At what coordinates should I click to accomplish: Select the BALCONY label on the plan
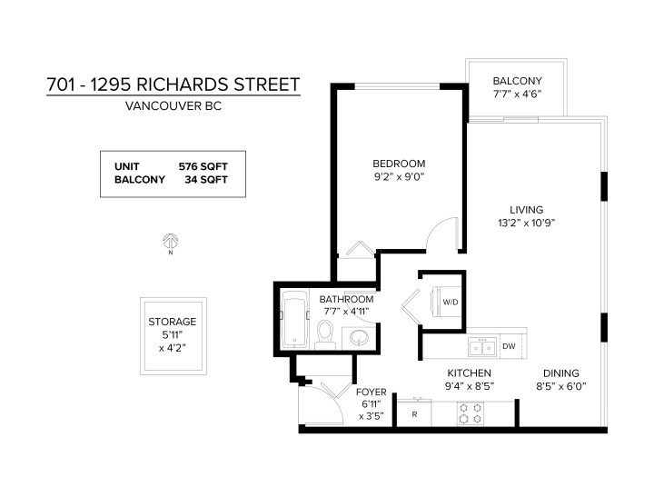click(x=517, y=80)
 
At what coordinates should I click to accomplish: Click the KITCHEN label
click(x=469, y=373)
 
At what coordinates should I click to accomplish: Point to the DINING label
click(x=560, y=373)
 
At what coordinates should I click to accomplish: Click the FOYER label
click(x=372, y=392)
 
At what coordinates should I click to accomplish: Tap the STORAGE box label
click(x=172, y=322)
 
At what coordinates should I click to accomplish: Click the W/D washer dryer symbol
click(x=449, y=302)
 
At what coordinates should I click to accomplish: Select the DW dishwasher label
click(x=509, y=346)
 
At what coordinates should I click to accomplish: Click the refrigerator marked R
click(x=414, y=414)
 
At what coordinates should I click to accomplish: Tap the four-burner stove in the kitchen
click(x=471, y=413)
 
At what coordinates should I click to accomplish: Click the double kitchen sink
click(x=481, y=346)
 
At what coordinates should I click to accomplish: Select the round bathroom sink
click(x=359, y=339)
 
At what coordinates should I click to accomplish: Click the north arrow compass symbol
click(x=169, y=243)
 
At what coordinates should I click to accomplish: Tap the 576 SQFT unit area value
click(x=203, y=165)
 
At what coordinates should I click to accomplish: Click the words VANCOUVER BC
click(x=173, y=106)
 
